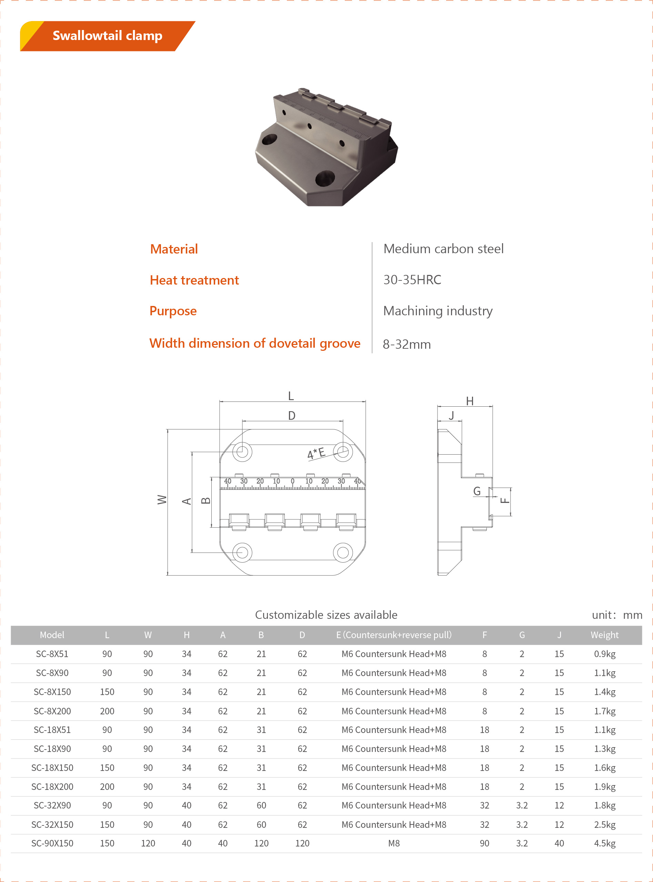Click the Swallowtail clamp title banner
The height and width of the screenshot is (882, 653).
(x=107, y=36)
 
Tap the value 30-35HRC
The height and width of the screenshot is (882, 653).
(x=412, y=280)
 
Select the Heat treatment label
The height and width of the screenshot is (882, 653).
(x=194, y=280)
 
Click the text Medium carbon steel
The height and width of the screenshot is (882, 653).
(x=443, y=249)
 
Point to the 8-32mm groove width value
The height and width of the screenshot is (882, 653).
(x=406, y=344)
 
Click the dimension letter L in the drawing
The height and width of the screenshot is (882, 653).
(x=291, y=396)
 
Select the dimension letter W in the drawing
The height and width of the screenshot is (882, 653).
(x=162, y=499)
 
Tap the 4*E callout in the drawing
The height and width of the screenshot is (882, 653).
(x=316, y=453)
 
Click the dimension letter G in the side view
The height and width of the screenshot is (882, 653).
(x=477, y=491)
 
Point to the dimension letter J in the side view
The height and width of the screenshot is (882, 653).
(x=451, y=415)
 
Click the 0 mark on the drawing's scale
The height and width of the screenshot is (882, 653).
(x=292, y=481)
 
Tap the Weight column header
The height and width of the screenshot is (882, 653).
(x=604, y=635)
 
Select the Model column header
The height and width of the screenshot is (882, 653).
(x=52, y=635)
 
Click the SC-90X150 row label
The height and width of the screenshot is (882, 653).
(x=52, y=843)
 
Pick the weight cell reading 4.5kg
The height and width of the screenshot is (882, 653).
(x=604, y=843)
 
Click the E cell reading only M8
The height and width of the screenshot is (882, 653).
(x=394, y=843)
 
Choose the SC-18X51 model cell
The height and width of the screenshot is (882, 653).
(x=52, y=730)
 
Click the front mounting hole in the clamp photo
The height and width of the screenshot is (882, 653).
(x=325, y=178)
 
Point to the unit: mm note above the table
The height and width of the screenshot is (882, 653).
(x=617, y=615)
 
